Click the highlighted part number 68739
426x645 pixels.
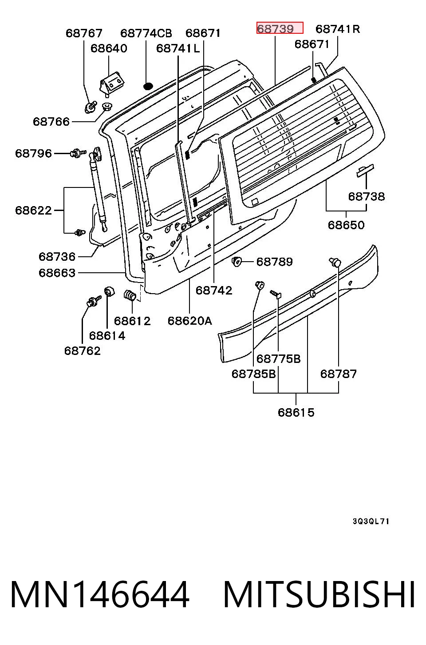(x=275, y=29)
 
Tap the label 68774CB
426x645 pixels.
(x=146, y=33)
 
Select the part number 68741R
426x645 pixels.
(x=338, y=29)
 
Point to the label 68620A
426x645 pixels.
(x=190, y=320)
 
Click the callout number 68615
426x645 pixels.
(x=296, y=412)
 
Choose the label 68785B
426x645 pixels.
(x=254, y=374)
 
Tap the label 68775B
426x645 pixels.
(x=278, y=359)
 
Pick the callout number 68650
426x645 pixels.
(x=346, y=225)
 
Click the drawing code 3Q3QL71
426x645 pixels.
(x=371, y=521)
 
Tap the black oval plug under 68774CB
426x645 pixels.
(x=148, y=86)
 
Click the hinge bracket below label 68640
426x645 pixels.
(x=112, y=83)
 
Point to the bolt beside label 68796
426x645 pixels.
(x=78, y=153)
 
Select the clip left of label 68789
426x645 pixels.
(x=237, y=262)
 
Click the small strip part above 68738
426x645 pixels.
(x=365, y=170)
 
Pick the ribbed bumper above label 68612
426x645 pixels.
(x=130, y=295)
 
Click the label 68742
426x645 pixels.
(x=214, y=290)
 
